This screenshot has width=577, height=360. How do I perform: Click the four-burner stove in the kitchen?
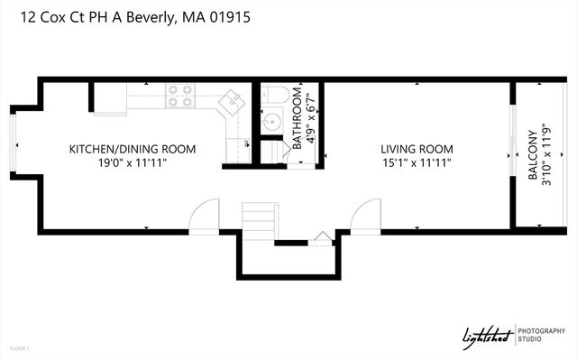(180, 96)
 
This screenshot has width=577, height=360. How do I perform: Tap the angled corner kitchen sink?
(234, 100)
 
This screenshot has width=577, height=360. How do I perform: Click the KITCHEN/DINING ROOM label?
(133, 149)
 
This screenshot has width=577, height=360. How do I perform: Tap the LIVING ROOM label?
(416, 149)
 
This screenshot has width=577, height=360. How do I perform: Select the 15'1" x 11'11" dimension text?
(416, 162)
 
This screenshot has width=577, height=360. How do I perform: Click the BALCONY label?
(532, 157)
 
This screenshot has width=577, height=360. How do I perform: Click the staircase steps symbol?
(260, 219)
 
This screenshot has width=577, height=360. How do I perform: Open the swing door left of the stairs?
(205, 215)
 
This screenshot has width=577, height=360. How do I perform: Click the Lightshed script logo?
(486, 336)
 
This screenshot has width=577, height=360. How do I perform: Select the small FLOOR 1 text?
(20, 347)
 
